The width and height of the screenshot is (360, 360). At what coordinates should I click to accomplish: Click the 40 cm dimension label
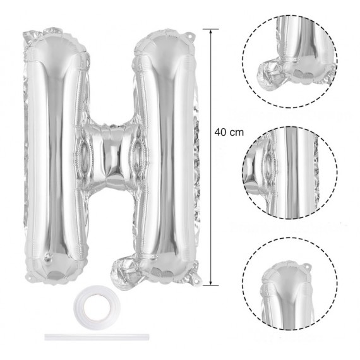(x=229, y=133)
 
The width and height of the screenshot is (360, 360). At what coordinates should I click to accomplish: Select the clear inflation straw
(x=97, y=337)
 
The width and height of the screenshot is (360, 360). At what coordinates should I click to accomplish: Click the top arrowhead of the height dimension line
(x=211, y=32)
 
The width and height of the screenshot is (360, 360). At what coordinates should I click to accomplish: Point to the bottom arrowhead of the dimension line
(x=211, y=283)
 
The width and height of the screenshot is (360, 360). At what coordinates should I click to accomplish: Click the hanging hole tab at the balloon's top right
(x=190, y=36)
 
